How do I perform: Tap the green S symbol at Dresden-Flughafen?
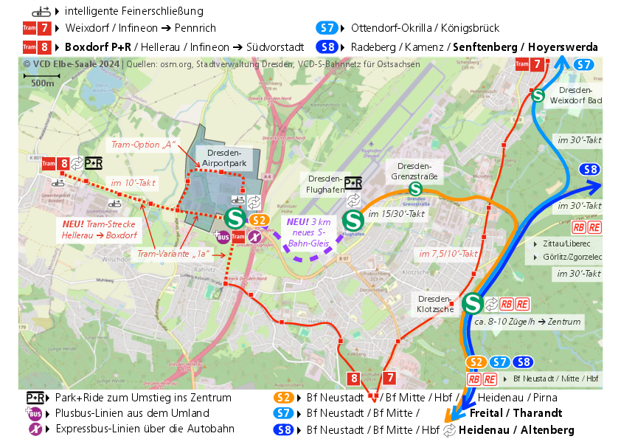click(353, 220)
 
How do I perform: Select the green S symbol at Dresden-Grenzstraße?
click(415, 190)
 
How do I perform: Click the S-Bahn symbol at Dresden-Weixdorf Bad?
click(538, 94)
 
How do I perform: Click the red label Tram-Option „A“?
click(142, 145)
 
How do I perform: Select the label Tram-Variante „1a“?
click(173, 254)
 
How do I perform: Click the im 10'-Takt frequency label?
click(133, 182)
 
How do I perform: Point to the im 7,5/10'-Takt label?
click(448, 253)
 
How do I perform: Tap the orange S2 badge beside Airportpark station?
click(258, 220)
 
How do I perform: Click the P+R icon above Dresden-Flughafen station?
click(354, 182)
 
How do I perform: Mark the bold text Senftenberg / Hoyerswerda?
click(525, 47)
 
